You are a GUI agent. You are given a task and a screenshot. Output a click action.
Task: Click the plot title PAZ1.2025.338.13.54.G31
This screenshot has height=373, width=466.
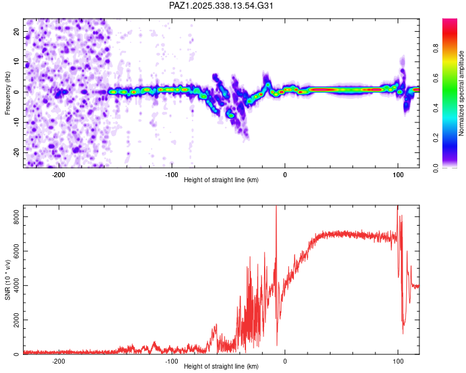click(x=221, y=6)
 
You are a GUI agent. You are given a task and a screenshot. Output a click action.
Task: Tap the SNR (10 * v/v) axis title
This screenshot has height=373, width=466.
click(x=7, y=280)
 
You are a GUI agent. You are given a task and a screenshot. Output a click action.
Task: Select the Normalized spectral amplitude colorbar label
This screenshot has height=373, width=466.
click(x=461, y=93)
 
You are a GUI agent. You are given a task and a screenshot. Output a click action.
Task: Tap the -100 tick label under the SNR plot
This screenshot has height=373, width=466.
click(x=171, y=361)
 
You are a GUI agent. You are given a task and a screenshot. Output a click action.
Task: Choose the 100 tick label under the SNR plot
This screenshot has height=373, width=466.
click(x=398, y=361)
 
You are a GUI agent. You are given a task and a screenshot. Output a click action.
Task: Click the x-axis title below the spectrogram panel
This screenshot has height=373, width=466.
click(x=221, y=180)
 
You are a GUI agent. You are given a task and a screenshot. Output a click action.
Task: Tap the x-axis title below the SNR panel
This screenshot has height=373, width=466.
click(x=221, y=367)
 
